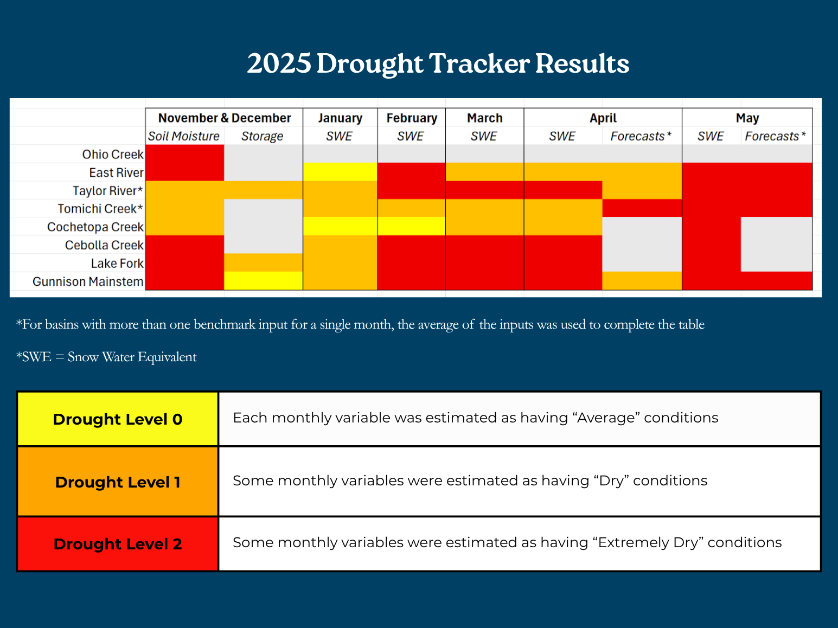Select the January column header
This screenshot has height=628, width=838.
340,118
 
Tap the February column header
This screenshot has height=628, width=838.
412,118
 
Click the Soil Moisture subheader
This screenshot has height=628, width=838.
184,136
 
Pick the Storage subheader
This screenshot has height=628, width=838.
263,136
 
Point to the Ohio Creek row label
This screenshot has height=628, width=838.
113,155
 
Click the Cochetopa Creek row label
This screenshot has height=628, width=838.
95,227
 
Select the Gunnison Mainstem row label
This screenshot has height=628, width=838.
88,281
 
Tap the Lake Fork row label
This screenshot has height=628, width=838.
117,264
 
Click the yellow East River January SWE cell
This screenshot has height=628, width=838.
340,172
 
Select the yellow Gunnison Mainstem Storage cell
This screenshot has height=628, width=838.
263,281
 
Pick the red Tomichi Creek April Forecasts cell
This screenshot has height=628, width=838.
642,208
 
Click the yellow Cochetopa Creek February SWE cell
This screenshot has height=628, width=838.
411,226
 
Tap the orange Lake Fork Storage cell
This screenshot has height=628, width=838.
263,262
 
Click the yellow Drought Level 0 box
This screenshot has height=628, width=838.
118,419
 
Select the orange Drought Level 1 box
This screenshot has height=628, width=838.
118,482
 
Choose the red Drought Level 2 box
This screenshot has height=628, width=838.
118,544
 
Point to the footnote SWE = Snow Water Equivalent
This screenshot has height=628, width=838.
107,357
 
